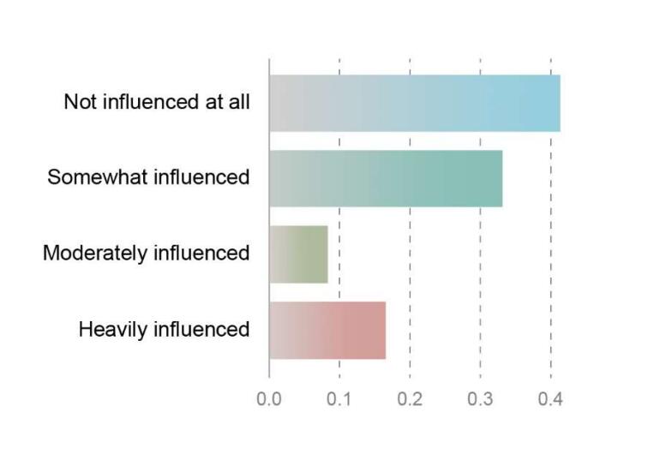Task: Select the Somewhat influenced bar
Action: click(x=386, y=178)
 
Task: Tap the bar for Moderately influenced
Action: click(x=298, y=254)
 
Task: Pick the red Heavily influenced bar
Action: click(x=327, y=330)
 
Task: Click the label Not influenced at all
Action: click(x=157, y=102)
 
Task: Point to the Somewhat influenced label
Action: click(x=148, y=177)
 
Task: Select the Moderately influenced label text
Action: click(x=146, y=253)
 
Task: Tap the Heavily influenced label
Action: click(x=164, y=329)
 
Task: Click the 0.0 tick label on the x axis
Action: click(x=269, y=398)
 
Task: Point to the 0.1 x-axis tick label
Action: click(x=339, y=398)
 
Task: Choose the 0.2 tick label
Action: click(x=410, y=398)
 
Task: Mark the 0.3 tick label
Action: click(x=480, y=398)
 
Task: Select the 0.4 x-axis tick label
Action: click(x=550, y=398)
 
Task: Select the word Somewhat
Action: click(x=88, y=177)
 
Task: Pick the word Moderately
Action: click(x=93, y=254)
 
